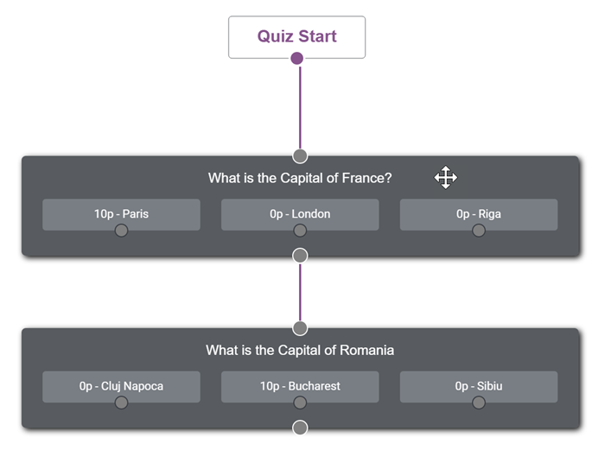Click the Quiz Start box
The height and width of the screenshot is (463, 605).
(296, 37)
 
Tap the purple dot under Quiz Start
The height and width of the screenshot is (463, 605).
(296, 58)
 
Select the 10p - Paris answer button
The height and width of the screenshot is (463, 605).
(121, 214)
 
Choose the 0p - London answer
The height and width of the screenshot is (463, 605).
(300, 214)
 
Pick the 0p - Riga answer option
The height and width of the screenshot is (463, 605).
(479, 214)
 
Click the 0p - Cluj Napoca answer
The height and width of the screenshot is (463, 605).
(121, 387)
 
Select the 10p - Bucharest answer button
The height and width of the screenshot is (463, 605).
(300, 387)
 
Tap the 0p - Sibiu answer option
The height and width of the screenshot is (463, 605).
(479, 387)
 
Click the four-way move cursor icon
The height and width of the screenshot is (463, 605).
(446, 177)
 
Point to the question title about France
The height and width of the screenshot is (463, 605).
(300, 178)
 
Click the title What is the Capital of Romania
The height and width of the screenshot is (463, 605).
(300, 350)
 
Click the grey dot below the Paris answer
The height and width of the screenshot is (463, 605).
(121, 231)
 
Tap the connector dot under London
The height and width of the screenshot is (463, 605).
(300, 231)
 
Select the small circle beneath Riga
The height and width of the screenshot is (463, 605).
(479, 231)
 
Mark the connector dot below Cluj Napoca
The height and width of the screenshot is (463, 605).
(121, 403)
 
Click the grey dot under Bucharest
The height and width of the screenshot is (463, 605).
(300, 403)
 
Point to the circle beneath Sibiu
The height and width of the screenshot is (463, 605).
(479, 403)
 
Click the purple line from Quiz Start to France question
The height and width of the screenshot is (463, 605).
(300, 107)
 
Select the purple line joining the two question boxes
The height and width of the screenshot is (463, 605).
(300, 292)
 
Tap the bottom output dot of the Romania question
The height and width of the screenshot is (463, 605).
(300, 428)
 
